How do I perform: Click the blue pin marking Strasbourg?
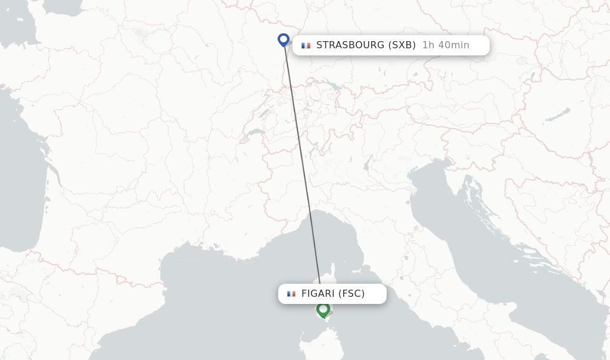click(x=284, y=39)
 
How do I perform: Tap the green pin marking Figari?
click(x=323, y=309)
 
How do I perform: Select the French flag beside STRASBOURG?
click(x=306, y=45)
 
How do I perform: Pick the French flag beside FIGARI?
click(x=291, y=294)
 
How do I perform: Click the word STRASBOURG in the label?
click(x=350, y=45)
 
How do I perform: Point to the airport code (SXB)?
click(x=402, y=45)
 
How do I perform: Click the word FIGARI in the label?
click(x=318, y=294)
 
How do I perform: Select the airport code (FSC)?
click(x=351, y=294)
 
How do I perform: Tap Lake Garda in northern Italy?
click(x=368, y=162)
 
